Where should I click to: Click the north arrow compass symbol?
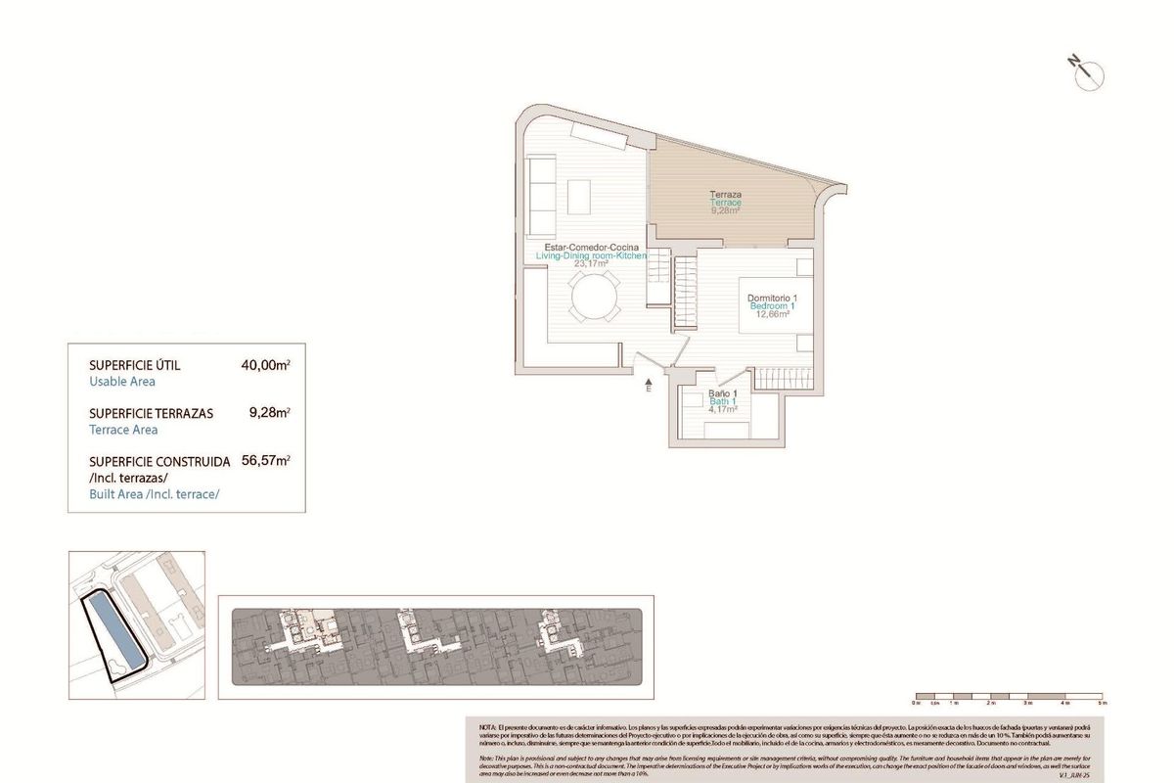pyautogui.click(x=1086, y=70)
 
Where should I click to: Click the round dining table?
pyautogui.click(x=595, y=296)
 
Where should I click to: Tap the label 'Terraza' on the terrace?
pyautogui.click(x=726, y=195)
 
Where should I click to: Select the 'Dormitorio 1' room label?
pyautogui.click(x=773, y=298)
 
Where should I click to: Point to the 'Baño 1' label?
pyautogui.click(x=723, y=393)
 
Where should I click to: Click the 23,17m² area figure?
pyautogui.click(x=591, y=263)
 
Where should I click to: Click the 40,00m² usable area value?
pyautogui.click(x=265, y=365)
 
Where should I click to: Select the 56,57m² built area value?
pyautogui.click(x=265, y=460)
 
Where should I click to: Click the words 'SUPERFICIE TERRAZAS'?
pyautogui.click(x=151, y=413)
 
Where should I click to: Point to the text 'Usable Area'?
pyautogui.click(x=122, y=382)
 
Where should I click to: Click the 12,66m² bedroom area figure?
pyautogui.click(x=773, y=314)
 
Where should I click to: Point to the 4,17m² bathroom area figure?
pyautogui.click(x=723, y=409)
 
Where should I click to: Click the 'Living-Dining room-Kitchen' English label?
pyautogui.click(x=591, y=254)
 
